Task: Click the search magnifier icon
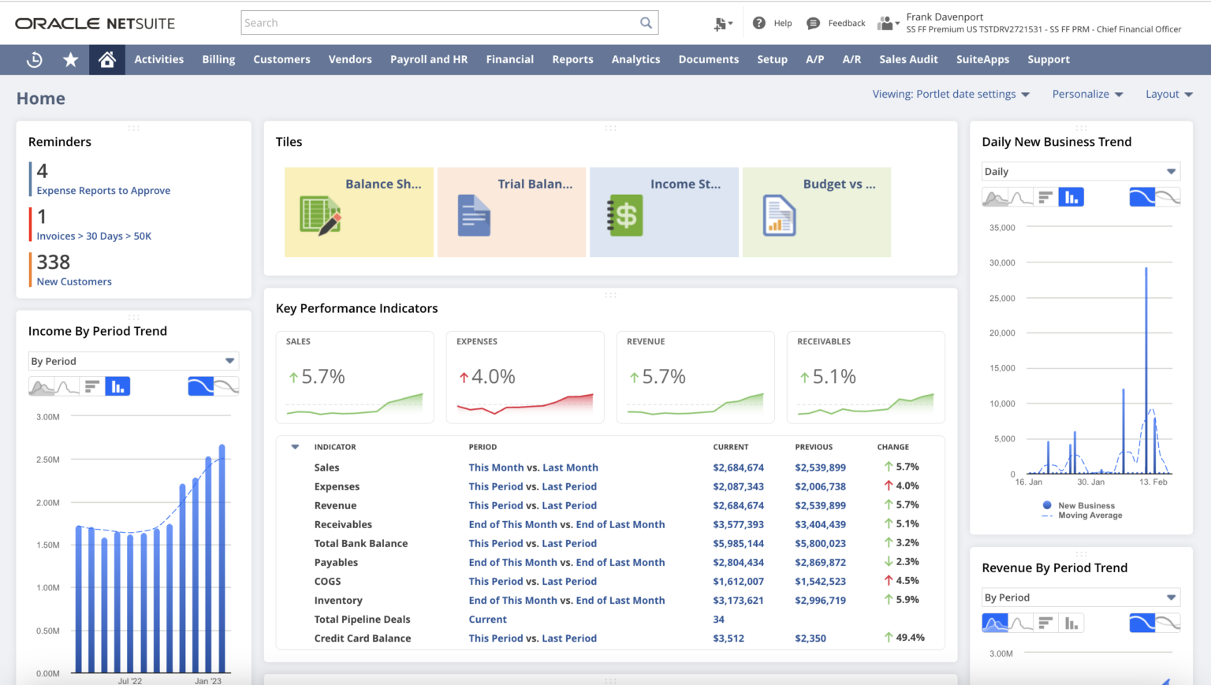pyautogui.click(x=646, y=23)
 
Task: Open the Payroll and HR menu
pyautogui.click(x=428, y=59)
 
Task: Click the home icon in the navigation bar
pyautogui.click(x=107, y=59)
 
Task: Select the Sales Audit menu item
pyautogui.click(x=908, y=59)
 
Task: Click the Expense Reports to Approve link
pyautogui.click(x=103, y=191)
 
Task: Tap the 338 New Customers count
pyautogui.click(x=54, y=262)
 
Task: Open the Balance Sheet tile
pyautogui.click(x=359, y=211)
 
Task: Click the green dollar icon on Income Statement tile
pyautogui.click(x=625, y=215)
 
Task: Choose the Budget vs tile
pyautogui.click(x=816, y=211)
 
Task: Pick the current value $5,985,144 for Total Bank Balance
pyautogui.click(x=738, y=543)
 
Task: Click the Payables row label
pyautogui.click(x=336, y=562)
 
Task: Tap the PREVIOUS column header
pyautogui.click(x=814, y=447)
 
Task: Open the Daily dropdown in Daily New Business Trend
pyautogui.click(x=1079, y=172)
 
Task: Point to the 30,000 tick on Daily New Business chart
pyautogui.click(x=1002, y=262)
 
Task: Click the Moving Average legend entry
pyautogui.click(x=1090, y=516)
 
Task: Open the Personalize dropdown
pyautogui.click(x=1087, y=94)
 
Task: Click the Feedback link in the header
pyautogui.click(x=846, y=23)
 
